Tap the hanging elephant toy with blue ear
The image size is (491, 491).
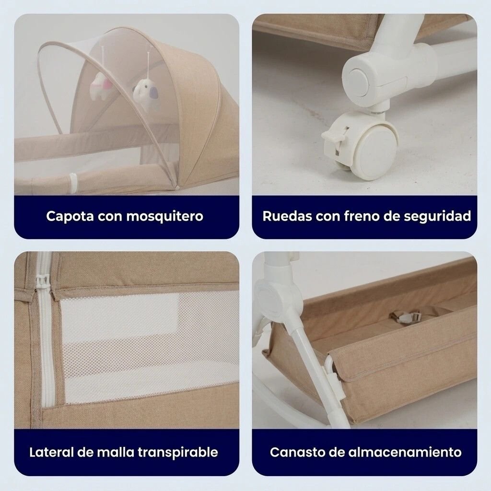coord(146,94)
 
